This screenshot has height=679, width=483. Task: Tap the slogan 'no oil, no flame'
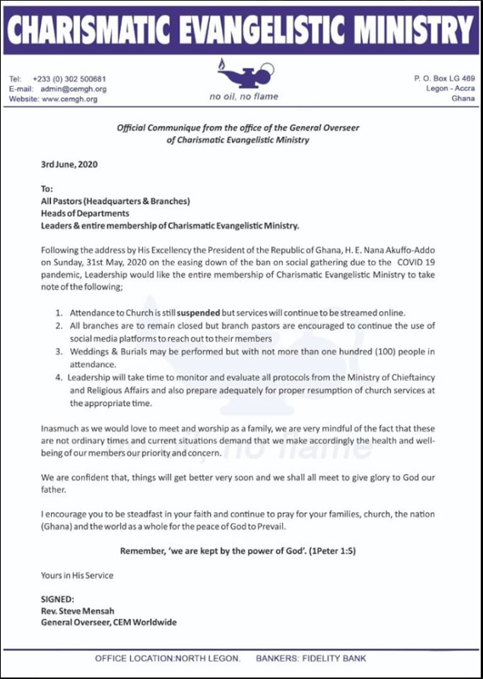coord(243,97)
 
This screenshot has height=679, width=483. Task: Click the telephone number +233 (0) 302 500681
coord(69,79)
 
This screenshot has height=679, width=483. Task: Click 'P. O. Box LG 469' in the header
coord(444,78)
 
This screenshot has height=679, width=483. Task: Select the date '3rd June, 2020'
coord(69,164)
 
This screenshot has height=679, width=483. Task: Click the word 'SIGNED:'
coord(59,599)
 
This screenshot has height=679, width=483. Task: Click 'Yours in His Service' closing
coord(77,576)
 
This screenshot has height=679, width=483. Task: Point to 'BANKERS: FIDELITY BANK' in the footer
coord(311,658)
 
